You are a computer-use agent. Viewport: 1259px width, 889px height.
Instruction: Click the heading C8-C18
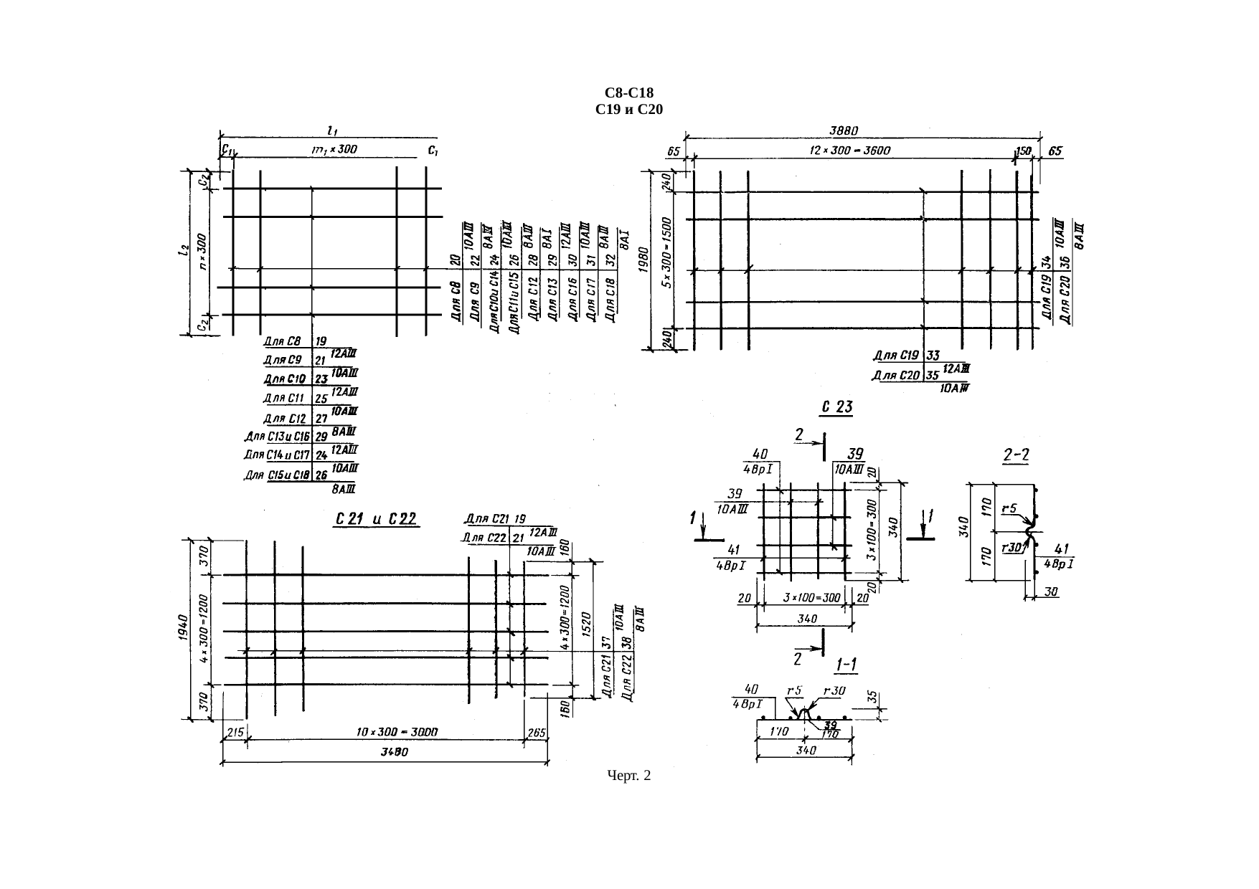[x=629, y=93]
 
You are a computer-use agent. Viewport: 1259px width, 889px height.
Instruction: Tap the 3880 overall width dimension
[x=844, y=131]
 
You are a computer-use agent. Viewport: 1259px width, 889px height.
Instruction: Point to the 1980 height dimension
[x=643, y=261]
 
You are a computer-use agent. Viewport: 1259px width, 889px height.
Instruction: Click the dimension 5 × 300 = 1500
[x=666, y=252]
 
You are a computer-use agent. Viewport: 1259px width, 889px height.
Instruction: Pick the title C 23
[x=836, y=408]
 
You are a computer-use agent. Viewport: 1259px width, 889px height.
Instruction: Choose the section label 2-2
[x=1016, y=455]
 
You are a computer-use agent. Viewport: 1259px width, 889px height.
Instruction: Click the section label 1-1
[x=849, y=666]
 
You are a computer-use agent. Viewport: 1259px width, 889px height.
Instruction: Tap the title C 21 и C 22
[x=377, y=519]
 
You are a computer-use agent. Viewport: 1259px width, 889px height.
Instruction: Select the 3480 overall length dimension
[x=393, y=752]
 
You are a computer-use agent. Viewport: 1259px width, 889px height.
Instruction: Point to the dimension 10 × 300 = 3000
[x=397, y=732]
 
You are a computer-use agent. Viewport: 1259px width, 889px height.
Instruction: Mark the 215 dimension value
[x=234, y=732]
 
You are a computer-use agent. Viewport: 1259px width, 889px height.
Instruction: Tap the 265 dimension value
[x=537, y=732]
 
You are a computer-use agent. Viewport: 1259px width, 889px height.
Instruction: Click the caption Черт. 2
[x=628, y=776]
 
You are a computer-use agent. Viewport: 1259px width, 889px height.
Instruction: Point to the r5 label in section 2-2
[x=1010, y=508]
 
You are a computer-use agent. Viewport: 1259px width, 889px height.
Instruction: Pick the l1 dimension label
[x=332, y=130]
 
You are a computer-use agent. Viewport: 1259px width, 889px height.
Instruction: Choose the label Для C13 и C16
[x=277, y=436]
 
